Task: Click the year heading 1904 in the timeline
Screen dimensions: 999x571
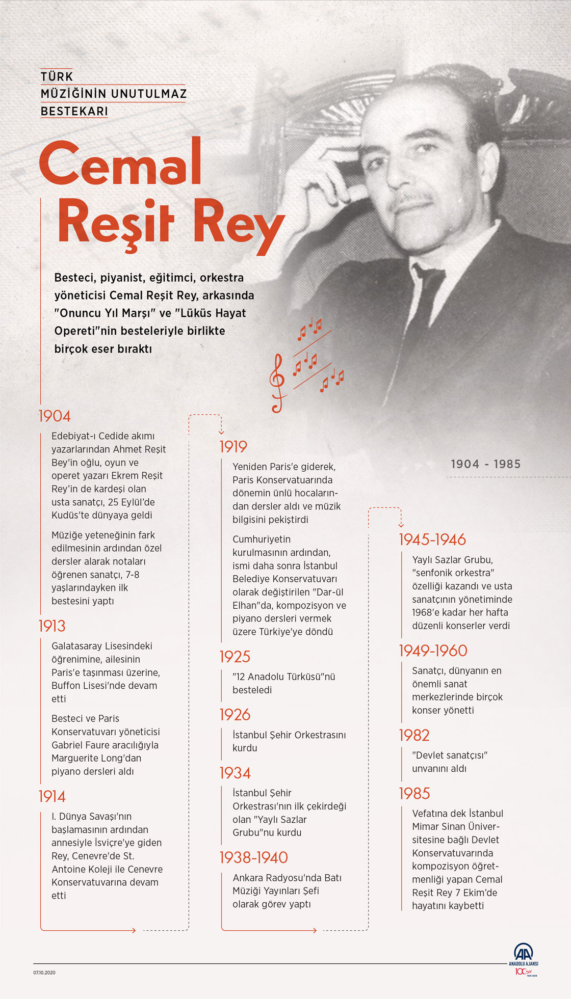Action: pos(55,416)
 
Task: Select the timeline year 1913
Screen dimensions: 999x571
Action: pos(52,626)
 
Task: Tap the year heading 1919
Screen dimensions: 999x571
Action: pos(233,447)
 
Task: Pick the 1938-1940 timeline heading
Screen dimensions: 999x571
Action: pos(253,858)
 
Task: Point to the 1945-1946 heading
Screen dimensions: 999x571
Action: pos(432,540)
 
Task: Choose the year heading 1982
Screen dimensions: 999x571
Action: pos(414,736)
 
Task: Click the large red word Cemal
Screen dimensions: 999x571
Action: pos(120,163)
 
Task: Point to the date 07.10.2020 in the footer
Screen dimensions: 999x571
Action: pos(44,973)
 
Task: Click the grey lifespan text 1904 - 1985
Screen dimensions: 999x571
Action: pos(485,464)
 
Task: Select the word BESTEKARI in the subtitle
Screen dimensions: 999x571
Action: pos(74,111)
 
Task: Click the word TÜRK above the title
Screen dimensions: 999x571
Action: pos(57,76)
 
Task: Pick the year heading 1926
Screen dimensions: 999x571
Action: pos(235,715)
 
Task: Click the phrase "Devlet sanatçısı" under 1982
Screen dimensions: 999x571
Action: pos(450,755)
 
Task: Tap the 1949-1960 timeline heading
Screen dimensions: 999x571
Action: pos(433,651)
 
